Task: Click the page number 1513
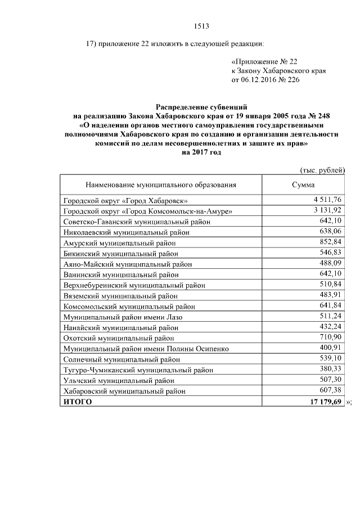[x=201, y=26]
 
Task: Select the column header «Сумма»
[x=303, y=184]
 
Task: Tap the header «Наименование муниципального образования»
[x=161, y=184]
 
